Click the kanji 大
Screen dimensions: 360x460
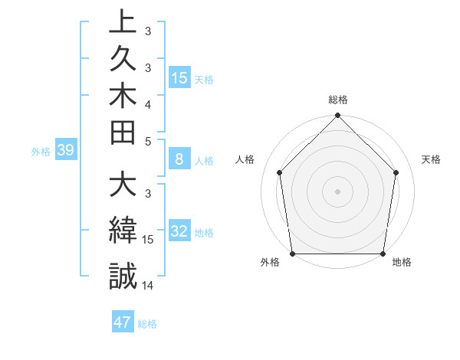(x=123, y=188)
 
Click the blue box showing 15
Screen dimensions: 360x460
(x=179, y=78)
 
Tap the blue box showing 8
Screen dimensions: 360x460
(x=179, y=159)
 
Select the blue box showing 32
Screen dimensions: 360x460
(x=179, y=231)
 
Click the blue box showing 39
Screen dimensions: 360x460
(x=66, y=150)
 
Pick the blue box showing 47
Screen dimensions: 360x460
(x=123, y=322)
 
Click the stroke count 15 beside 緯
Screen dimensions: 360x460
(x=148, y=240)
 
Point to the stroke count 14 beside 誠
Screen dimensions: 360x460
(x=148, y=285)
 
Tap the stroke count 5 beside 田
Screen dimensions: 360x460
(x=148, y=141)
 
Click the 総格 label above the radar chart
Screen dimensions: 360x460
(x=338, y=100)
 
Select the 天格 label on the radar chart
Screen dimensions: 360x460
(x=432, y=159)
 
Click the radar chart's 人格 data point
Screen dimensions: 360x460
(x=280, y=172)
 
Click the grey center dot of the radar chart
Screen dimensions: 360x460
(x=338, y=191)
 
